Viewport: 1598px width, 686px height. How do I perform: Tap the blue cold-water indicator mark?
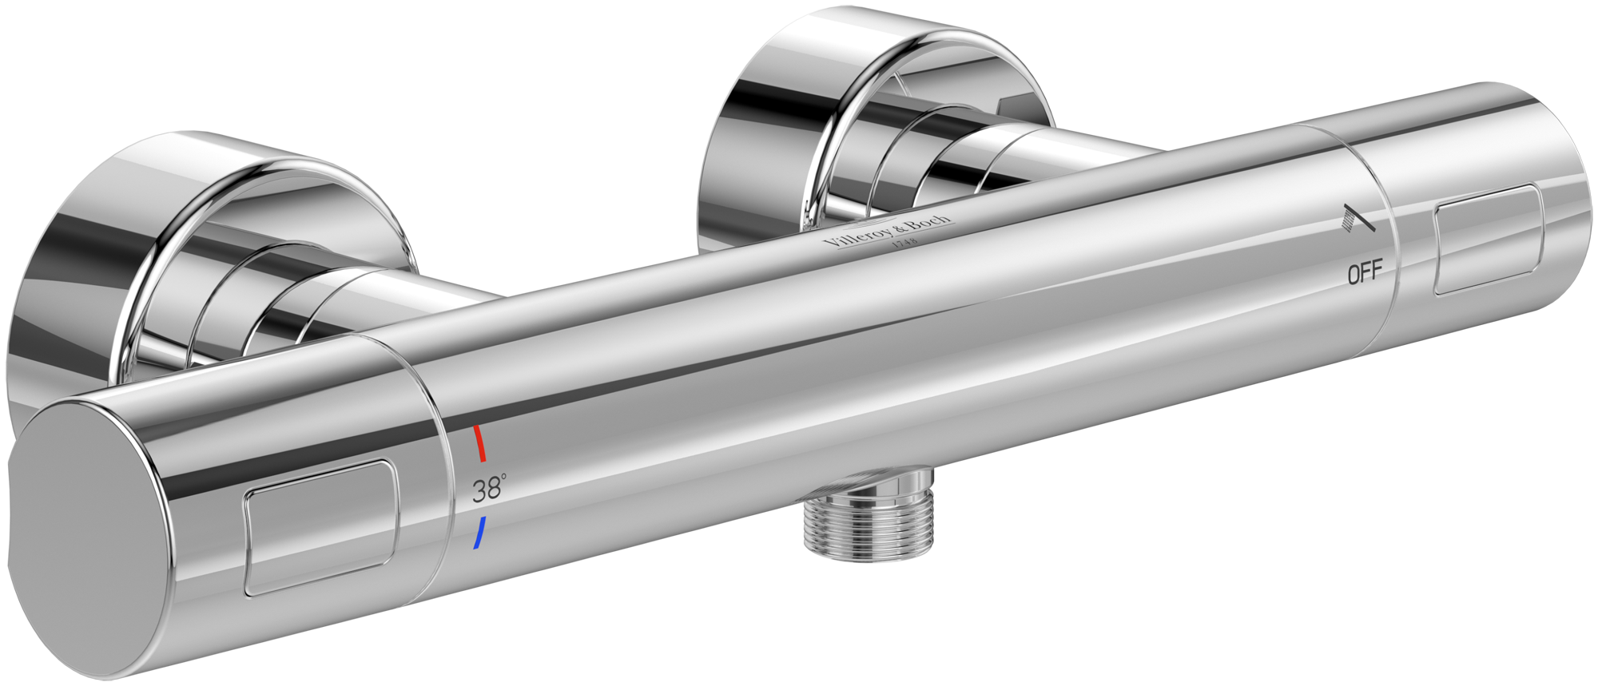pos(479,533)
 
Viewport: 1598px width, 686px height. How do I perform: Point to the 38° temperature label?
pos(488,490)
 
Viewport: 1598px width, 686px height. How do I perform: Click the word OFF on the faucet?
pos(1365,275)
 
